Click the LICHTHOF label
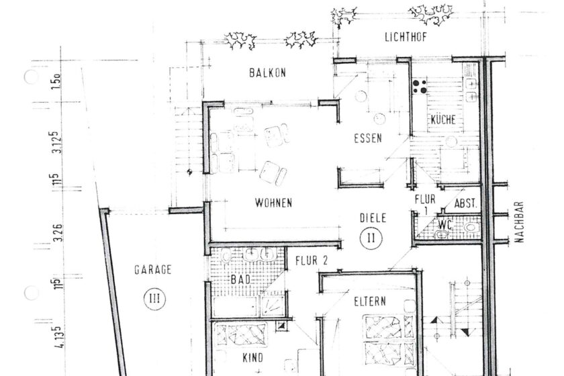click(406, 37)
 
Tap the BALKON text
click(268, 73)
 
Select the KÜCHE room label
click(443, 120)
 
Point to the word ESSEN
click(368, 138)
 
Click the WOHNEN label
click(273, 203)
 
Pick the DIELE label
click(373, 218)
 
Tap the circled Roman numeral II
click(371, 238)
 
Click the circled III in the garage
click(155, 299)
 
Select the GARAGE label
click(152, 270)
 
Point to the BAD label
click(240, 279)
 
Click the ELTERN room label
click(370, 301)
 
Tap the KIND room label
click(253, 358)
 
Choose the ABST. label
click(465, 203)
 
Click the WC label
click(444, 225)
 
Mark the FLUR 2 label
click(312, 261)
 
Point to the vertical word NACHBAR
click(519, 222)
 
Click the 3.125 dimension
click(57, 142)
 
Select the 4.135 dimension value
click(60, 337)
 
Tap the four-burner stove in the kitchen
click(420, 87)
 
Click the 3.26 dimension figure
click(58, 233)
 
